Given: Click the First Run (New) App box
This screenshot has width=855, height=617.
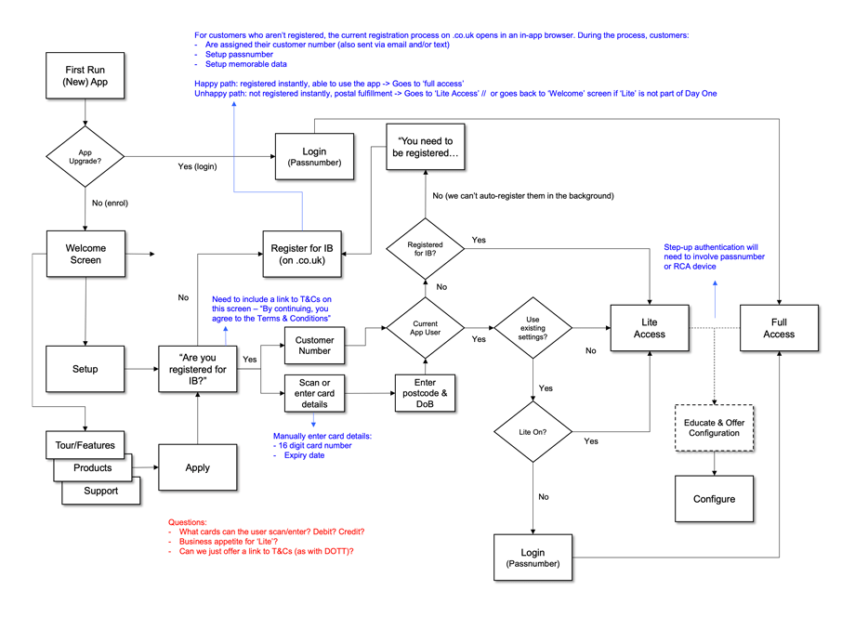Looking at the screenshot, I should [x=85, y=76].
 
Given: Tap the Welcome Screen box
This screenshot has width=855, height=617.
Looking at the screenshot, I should [x=85, y=254].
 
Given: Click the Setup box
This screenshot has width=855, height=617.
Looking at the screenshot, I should [x=85, y=369].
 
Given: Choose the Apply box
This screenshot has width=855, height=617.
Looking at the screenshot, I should [x=197, y=467].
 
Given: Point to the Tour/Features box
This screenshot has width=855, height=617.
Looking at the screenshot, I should [x=85, y=444].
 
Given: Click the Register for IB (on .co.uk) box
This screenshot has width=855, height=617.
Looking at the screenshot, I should [x=301, y=254].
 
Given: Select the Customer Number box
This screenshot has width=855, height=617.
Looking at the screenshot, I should [x=314, y=346].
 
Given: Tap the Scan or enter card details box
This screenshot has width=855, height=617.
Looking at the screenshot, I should [x=314, y=394].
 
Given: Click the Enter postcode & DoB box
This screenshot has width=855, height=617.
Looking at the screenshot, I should [x=425, y=394].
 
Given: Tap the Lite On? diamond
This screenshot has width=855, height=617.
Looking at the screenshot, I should [x=533, y=432].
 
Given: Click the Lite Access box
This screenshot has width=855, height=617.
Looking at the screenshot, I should [x=649, y=328].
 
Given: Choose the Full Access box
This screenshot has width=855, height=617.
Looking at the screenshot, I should [x=779, y=328].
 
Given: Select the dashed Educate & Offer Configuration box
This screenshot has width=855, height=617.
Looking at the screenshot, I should [x=714, y=427].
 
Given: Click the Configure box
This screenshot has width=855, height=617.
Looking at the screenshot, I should [x=714, y=499].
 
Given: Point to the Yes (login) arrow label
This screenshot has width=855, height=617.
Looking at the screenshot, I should [x=197, y=167].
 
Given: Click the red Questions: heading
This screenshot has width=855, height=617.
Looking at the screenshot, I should [x=188, y=522].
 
